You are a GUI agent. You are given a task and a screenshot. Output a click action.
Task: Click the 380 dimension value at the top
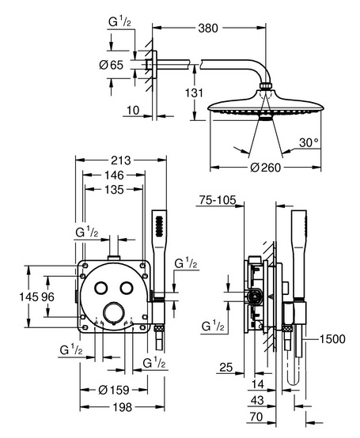pos(208,28)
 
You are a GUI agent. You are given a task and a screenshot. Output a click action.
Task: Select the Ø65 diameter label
pos(112,65)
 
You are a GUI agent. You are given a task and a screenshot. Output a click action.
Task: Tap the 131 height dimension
pos(194,93)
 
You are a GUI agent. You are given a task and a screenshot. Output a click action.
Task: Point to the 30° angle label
pos(309,142)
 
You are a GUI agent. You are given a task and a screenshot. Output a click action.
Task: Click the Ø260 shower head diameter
pos(265,168)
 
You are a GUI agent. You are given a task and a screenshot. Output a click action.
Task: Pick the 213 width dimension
pos(121,160)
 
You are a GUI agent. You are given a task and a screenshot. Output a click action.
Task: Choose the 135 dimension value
pos(114,190)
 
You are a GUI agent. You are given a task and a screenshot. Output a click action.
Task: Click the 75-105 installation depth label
pos(218,200)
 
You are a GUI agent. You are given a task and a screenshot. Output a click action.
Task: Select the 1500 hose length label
pos(332,339)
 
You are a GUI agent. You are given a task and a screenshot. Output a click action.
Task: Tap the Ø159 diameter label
pos(114,390)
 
